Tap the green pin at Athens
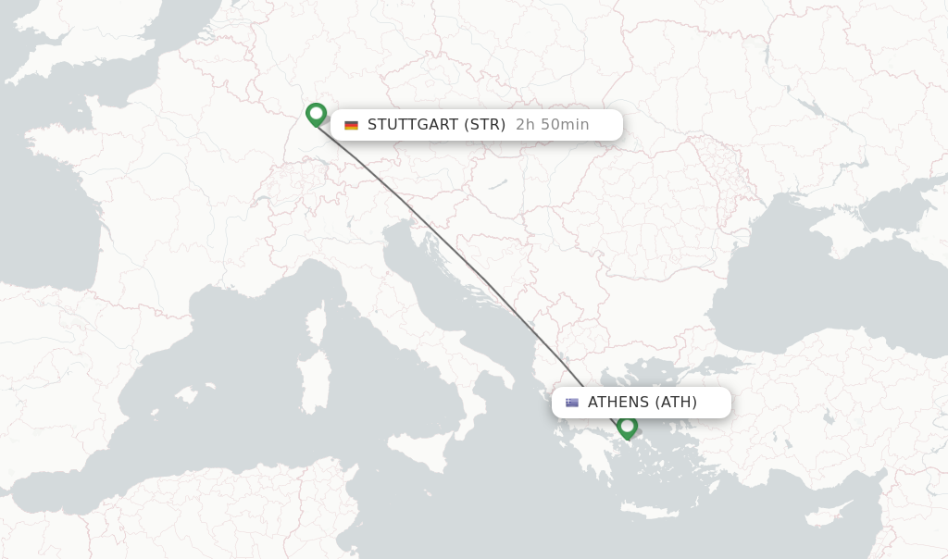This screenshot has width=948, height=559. pos(628,427)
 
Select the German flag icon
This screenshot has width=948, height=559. pos(351,125)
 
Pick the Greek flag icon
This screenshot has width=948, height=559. pos(572,403)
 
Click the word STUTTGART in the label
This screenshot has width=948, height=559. pos(413,125)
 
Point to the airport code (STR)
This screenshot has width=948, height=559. pos(485,125)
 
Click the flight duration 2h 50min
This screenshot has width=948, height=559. pos(552,125)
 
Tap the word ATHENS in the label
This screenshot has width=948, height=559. pos(618,403)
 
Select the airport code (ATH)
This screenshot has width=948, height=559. pos(677,403)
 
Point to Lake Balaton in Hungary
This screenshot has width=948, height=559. pos(500,184)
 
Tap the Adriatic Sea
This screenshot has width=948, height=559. pos(444,278)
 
